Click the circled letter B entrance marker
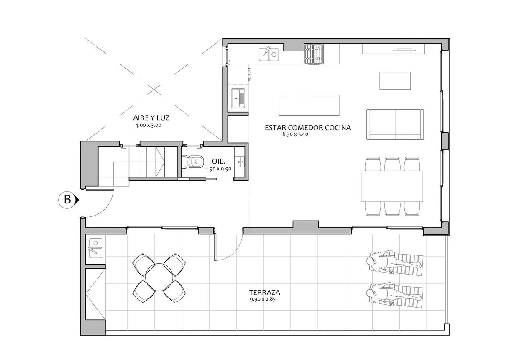67,200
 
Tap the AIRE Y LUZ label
151,118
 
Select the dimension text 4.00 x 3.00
148,125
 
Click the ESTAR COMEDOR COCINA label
308,128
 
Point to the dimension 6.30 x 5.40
295,134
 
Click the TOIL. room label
216,162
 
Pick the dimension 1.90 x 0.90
219,169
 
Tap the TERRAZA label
265,293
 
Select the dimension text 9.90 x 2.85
263,299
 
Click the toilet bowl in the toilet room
192,162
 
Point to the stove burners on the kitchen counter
314,54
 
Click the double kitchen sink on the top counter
269,54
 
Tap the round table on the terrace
159,278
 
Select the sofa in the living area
395,124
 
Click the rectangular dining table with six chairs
392,186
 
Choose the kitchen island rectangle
309,105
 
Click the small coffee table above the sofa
395,81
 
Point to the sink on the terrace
96,248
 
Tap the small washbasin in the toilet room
239,162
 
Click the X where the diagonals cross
154,90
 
